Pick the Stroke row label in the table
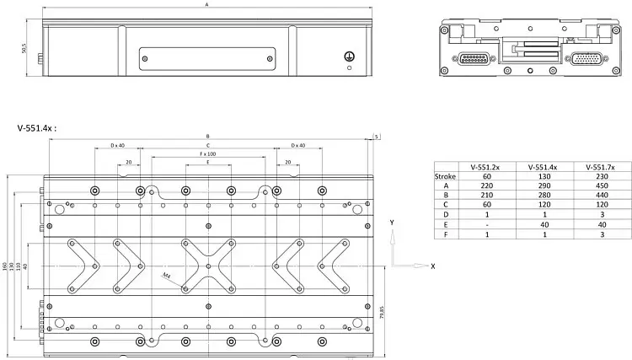[445, 177]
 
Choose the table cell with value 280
[537, 196]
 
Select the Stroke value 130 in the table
[537, 177]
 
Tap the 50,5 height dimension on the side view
[26, 51]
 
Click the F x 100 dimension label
[207, 154]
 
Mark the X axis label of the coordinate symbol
[432, 266]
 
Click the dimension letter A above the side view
[207, 6]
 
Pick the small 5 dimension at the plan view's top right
[376, 135]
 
